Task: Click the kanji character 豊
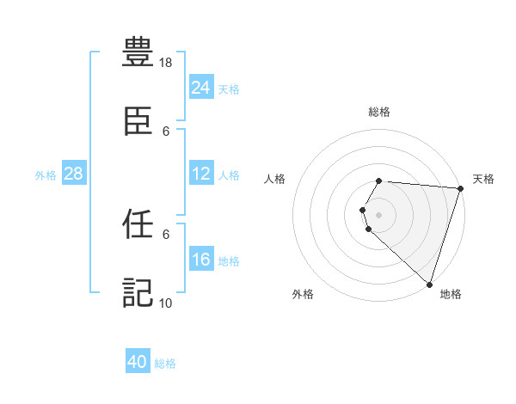tap(138, 53)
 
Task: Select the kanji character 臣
tap(138, 122)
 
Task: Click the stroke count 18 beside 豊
tap(167, 63)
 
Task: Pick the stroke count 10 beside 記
tap(167, 303)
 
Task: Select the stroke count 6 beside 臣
tap(166, 131)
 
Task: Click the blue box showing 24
tap(201, 88)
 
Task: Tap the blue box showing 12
tap(201, 174)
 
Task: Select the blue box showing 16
tap(201, 260)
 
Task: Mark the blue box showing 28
tap(73, 174)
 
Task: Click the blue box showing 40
tap(138, 362)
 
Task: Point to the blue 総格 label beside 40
tap(165, 364)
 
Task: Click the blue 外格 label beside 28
tap(46, 174)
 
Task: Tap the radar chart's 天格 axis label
tap(483, 179)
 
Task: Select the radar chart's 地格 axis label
tap(451, 294)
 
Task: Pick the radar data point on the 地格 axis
tap(429, 284)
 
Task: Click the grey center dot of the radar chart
tap(379, 214)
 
